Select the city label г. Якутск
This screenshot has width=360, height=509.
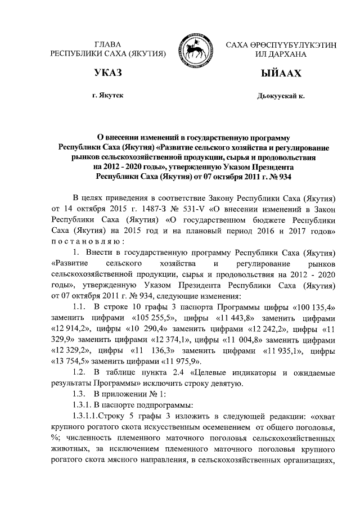pos(108,96)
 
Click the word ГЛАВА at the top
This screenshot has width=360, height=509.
pos(108,44)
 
